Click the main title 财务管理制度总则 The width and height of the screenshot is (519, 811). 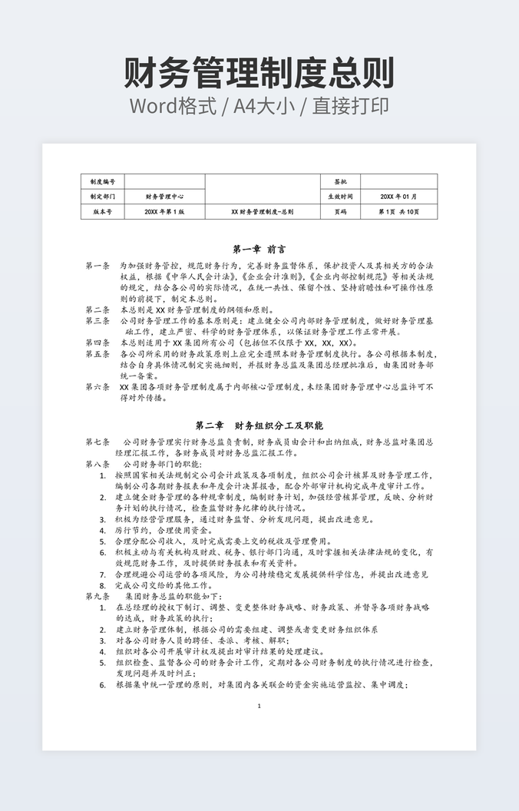(x=259, y=74)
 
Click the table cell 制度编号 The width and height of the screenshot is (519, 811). (x=102, y=181)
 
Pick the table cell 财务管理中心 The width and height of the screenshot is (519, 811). (x=164, y=197)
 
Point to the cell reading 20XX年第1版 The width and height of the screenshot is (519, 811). (x=164, y=211)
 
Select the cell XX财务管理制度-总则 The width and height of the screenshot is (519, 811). (x=262, y=211)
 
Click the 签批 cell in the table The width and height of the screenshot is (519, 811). (x=340, y=181)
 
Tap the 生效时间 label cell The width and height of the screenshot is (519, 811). (x=340, y=197)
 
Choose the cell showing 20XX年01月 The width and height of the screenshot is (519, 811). (x=398, y=197)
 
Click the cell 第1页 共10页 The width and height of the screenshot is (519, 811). (x=398, y=211)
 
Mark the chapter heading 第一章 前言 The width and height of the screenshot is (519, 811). (x=259, y=250)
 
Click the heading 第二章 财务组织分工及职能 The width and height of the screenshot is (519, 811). (x=259, y=425)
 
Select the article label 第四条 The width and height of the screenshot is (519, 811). (x=98, y=343)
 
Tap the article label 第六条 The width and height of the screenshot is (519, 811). (x=98, y=387)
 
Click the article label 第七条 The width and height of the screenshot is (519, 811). (x=98, y=442)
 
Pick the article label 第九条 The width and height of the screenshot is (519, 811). (x=98, y=596)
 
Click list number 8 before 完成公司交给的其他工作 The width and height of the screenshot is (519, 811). (x=102, y=585)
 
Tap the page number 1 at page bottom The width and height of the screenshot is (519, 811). (x=259, y=706)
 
